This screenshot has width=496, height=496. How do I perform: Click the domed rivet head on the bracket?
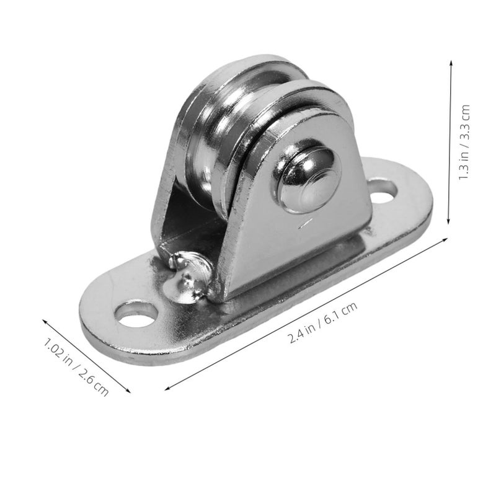pyautogui.click(x=306, y=175)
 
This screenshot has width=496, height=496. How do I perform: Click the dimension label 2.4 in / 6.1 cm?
pyautogui.click(x=323, y=322)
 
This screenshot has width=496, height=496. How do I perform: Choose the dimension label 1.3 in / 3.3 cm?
pyautogui.click(x=464, y=142)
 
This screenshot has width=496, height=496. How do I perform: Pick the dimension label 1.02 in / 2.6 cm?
pyautogui.click(x=76, y=367)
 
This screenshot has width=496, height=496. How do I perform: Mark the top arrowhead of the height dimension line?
pyautogui.click(x=451, y=62)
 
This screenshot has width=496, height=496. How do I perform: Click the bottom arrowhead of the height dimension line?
pyautogui.click(x=448, y=222)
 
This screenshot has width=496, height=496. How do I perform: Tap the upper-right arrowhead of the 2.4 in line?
pyautogui.click(x=445, y=240)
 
